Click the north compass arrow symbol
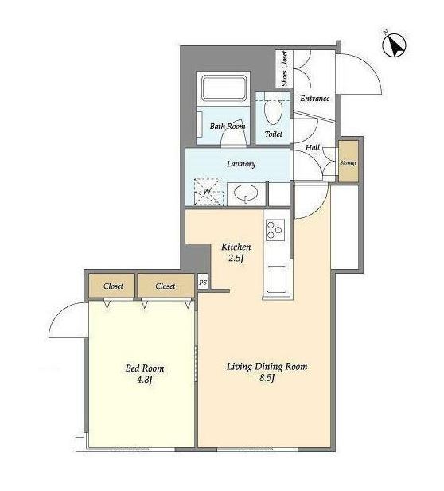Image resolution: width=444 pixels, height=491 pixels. (x=395, y=45)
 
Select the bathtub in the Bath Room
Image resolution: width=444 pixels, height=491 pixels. (x=224, y=88)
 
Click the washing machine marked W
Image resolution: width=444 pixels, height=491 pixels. (x=207, y=192)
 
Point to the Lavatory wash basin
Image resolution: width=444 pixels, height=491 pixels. (x=246, y=193)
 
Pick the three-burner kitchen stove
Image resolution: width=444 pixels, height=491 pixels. (x=275, y=230)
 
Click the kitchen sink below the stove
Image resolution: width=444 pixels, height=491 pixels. (x=276, y=279)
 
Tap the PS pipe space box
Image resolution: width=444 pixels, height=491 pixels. (x=203, y=283)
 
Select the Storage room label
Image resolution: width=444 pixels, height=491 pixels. (x=349, y=163)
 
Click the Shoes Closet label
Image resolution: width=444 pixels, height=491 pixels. (x=284, y=68)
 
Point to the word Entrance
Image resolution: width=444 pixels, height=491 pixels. (x=314, y=99)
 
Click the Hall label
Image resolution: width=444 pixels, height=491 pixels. (x=313, y=147)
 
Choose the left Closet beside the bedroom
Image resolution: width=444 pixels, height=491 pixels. (x=113, y=286)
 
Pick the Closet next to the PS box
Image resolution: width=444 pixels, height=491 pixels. (x=166, y=286)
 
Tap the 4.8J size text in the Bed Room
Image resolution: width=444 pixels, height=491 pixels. (x=144, y=380)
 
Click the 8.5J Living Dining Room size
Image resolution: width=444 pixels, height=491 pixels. (x=267, y=378)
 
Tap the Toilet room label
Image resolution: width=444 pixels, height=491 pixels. (x=274, y=134)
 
